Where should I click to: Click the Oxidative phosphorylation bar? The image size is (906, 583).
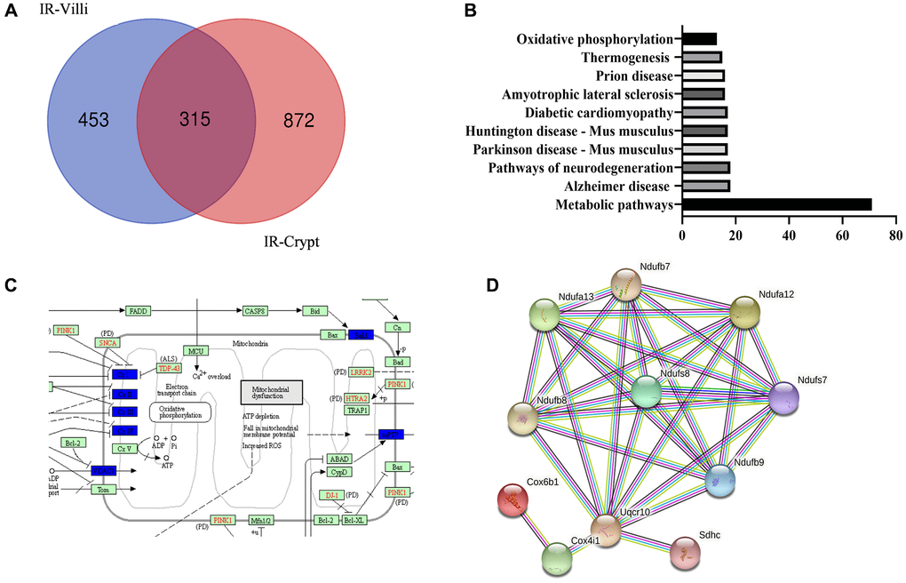click(699, 39)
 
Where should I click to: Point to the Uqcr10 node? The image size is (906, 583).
click(607, 531)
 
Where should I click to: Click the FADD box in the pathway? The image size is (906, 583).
click(138, 311)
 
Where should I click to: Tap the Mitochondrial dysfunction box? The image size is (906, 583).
click(272, 391)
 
